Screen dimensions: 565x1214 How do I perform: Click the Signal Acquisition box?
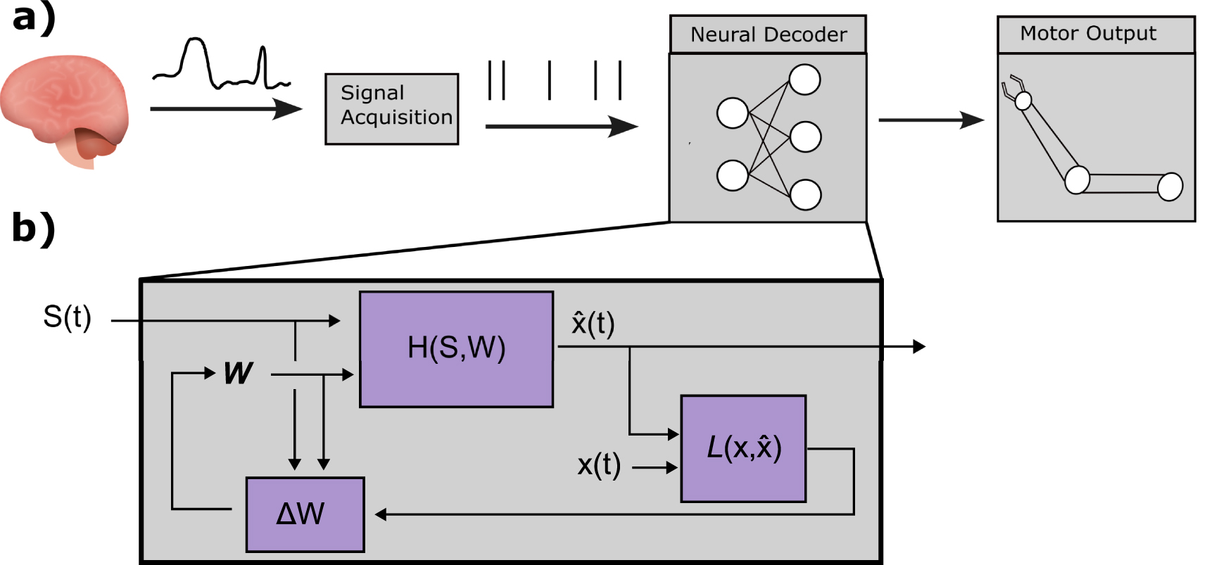391,109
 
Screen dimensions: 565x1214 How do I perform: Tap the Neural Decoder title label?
768,34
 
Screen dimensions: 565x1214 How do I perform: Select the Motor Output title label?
1088,33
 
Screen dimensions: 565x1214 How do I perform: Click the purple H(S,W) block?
456,349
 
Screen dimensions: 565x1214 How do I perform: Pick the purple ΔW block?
305,514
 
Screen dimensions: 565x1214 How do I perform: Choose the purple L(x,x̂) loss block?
743,448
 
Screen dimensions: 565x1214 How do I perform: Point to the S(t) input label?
67,317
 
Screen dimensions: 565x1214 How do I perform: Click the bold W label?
238,373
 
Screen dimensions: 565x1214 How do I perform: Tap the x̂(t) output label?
593,324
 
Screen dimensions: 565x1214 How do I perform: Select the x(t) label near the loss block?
599,465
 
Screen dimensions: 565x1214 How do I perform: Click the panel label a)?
33,18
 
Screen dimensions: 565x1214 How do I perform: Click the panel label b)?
33,228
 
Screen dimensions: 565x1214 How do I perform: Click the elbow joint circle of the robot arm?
1077,180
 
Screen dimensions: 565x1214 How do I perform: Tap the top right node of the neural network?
804,80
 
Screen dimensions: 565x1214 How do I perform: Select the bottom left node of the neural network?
732,175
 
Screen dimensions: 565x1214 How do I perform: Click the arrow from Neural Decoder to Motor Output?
930,120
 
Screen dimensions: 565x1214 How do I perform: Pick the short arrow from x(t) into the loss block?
655,466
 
